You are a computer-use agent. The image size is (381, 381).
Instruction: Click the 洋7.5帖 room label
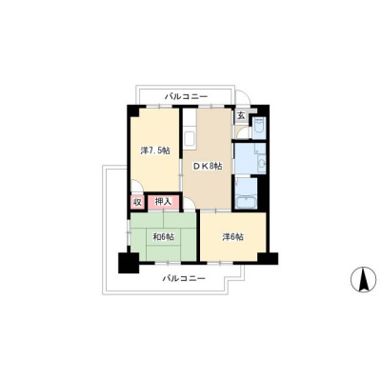point(155,150)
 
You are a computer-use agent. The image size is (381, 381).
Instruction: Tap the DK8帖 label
point(208,166)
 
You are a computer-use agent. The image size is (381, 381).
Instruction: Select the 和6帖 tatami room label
point(164,237)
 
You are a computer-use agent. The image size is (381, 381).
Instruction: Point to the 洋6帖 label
point(233,237)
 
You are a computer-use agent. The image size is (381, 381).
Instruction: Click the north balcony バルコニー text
point(186,96)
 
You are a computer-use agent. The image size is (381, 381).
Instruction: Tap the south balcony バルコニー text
point(184,279)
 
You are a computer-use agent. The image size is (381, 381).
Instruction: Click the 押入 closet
point(164,202)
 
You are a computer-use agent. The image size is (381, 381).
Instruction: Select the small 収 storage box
point(137,202)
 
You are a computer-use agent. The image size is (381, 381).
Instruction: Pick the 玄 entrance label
point(242,115)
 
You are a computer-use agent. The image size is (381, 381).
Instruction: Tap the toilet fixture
point(260,127)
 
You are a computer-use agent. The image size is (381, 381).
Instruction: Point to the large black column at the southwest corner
point(129,263)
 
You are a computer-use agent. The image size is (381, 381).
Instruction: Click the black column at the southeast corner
point(268,258)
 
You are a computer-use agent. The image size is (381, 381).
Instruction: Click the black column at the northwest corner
point(133,110)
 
